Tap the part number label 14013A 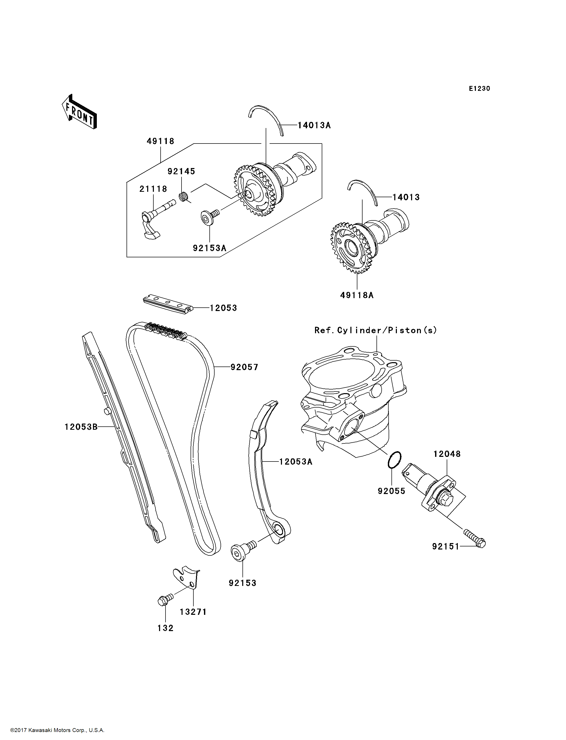pyautogui.click(x=314, y=125)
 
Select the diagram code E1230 pyautogui.click(x=479, y=89)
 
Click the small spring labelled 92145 pyautogui.click(x=183, y=196)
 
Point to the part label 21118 pyautogui.click(x=153, y=189)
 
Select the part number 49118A pyautogui.click(x=357, y=295)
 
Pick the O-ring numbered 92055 pyautogui.click(x=394, y=460)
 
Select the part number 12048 pyautogui.click(x=447, y=454)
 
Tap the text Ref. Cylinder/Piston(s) pyautogui.click(x=376, y=330)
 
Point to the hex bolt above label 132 pyautogui.click(x=165, y=600)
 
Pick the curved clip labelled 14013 pyautogui.click(x=363, y=191)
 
